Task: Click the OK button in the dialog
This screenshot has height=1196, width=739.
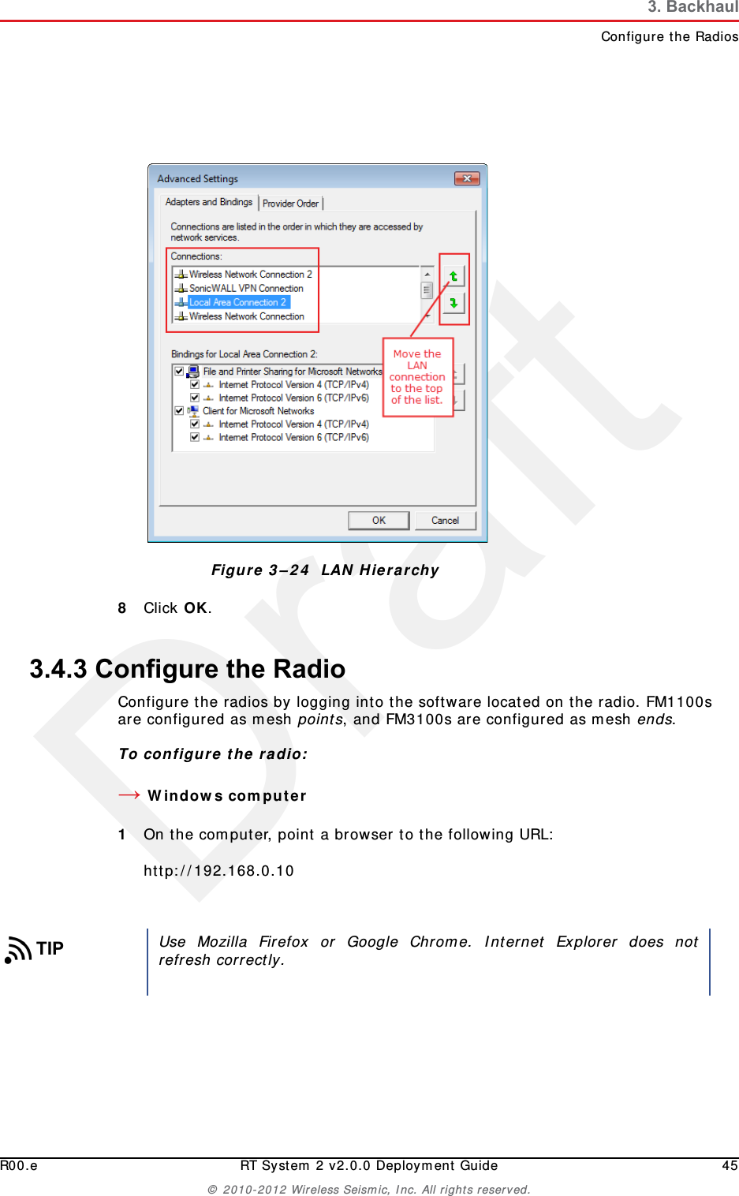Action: [x=379, y=521]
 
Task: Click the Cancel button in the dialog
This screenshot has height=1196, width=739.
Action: [x=446, y=521]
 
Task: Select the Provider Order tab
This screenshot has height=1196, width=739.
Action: [x=290, y=204]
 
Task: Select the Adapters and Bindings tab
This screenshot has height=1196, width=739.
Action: [x=209, y=203]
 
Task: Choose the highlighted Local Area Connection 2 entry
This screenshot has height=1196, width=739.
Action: [x=237, y=302]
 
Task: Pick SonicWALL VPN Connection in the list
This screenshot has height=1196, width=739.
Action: [x=245, y=289]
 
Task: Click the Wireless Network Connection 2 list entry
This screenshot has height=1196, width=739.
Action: [x=250, y=275]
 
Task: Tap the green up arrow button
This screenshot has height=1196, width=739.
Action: [x=453, y=276]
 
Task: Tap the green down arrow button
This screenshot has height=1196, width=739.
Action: [x=453, y=303]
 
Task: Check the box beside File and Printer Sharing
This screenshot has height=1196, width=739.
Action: [x=179, y=371]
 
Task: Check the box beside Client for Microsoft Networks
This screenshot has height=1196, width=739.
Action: [x=179, y=411]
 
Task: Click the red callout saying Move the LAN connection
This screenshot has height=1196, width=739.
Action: [x=417, y=377]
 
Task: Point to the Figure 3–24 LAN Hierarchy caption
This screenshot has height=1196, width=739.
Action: [x=325, y=570]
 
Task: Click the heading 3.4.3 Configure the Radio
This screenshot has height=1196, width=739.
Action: [x=188, y=669]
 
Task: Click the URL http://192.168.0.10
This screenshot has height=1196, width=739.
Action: [x=218, y=871]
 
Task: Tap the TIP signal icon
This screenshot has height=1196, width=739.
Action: [x=18, y=950]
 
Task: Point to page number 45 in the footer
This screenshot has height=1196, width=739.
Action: [x=730, y=1166]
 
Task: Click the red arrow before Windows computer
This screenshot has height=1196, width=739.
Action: [x=129, y=795]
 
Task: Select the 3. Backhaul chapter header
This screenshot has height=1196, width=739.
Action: [x=692, y=8]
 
